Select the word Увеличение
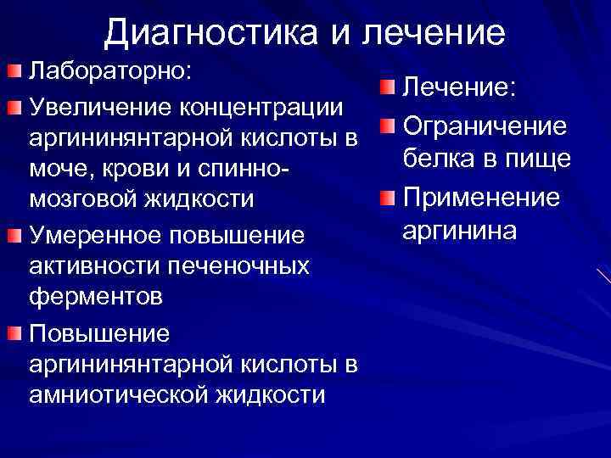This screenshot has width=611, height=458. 100,108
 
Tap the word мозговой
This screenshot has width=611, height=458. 87,200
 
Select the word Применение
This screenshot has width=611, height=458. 481,198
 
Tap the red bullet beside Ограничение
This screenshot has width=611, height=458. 386,126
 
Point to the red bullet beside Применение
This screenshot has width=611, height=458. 386,198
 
